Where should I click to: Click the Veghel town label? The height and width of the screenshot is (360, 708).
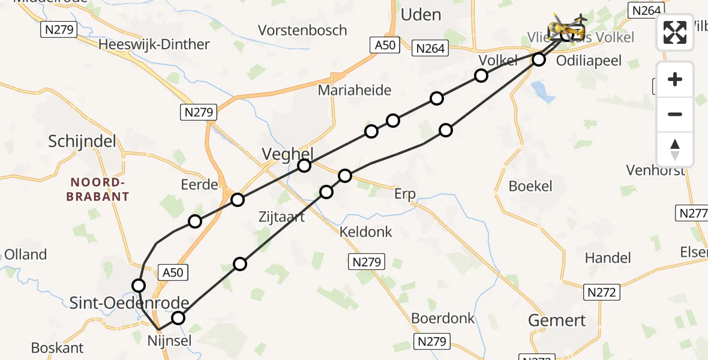(x=287, y=154)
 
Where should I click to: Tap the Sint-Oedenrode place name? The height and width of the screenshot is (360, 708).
(x=146, y=303)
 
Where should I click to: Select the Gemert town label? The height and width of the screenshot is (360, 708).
(x=557, y=320)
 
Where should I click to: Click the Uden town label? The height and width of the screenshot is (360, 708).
(x=421, y=14)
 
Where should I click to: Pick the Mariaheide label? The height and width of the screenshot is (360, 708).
(x=355, y=91)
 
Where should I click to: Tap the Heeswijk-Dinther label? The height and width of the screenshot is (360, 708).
(x=154, y=44)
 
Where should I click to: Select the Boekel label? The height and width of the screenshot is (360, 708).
(x=530, y=186)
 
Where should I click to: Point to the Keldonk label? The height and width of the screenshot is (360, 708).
(x=366, y=232)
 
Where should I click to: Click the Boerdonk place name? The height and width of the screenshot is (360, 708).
(x=443, y=318)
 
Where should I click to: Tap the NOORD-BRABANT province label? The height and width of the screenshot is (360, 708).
(x=100, y=189)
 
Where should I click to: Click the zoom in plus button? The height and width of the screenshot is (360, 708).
(x=675, y=79)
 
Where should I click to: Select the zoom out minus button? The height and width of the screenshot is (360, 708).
(x=675, y=114)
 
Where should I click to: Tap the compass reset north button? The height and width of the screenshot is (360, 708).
(x=675, y=149)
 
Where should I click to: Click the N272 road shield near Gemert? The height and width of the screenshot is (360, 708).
(x=601, y=292)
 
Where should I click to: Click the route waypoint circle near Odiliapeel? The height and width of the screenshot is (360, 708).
(x=539, y=59)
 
